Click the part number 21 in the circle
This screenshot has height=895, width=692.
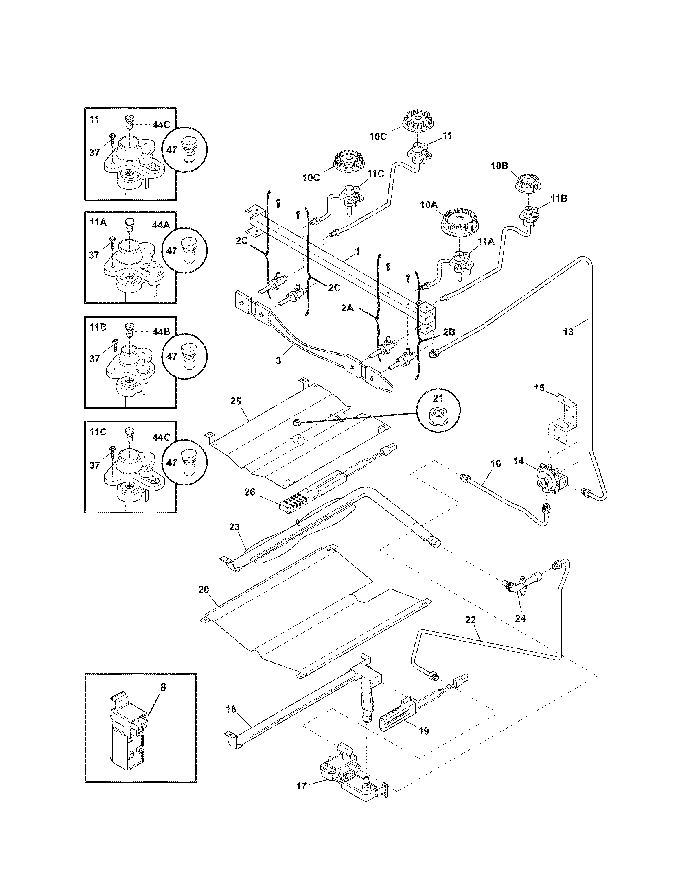pos(438,398)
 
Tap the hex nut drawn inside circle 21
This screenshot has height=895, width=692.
pos(438,417)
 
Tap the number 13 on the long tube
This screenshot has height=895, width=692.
pos(568,332)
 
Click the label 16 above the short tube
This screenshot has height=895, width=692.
pos(496,463)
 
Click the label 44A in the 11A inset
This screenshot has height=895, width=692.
pos(161,225)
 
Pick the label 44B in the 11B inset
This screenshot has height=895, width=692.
pos(161,332)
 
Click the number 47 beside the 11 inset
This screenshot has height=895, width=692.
pos(172,150)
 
